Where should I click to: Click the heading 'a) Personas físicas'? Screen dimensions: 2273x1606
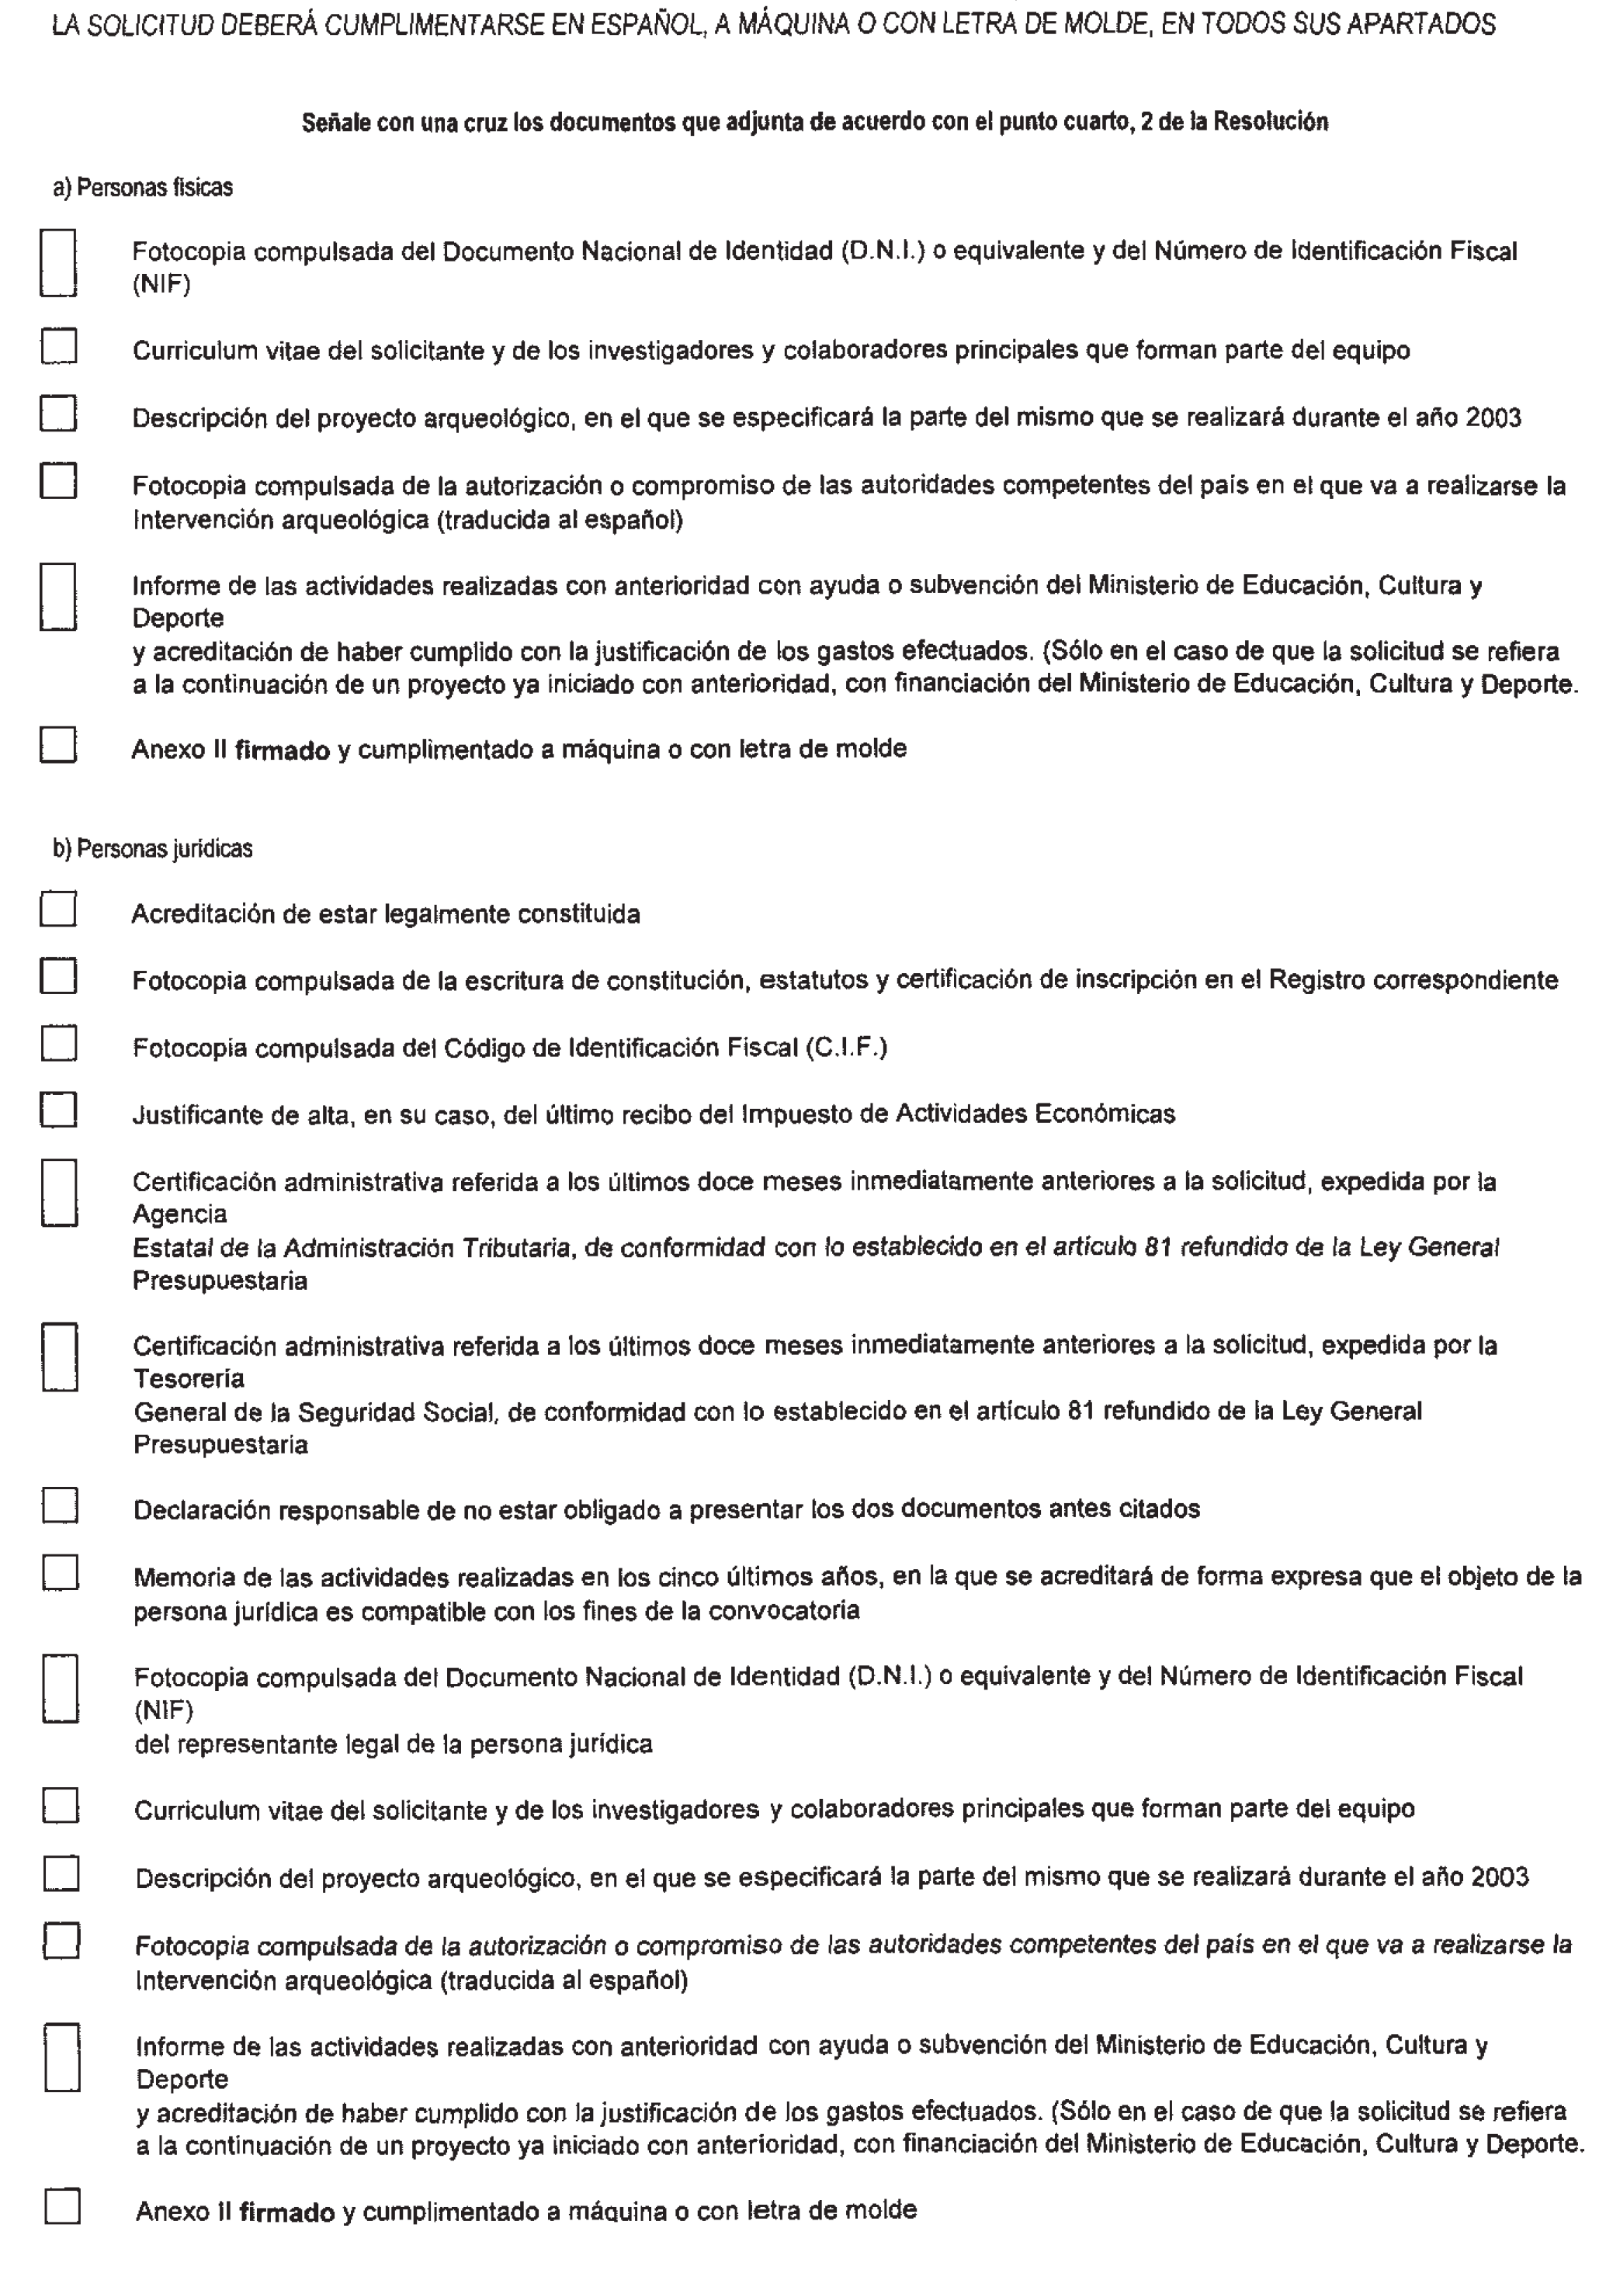143,188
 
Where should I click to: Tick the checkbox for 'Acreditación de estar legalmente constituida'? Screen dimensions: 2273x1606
58,909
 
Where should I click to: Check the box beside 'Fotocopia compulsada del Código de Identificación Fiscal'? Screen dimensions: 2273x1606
58,1044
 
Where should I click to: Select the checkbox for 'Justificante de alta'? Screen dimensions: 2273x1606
58,1110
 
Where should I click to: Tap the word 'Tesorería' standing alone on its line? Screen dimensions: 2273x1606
188,1378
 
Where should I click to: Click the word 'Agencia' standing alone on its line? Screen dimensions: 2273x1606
179,1214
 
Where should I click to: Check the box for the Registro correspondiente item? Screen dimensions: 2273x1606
58,976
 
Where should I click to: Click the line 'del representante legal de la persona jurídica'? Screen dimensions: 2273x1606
393,1744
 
